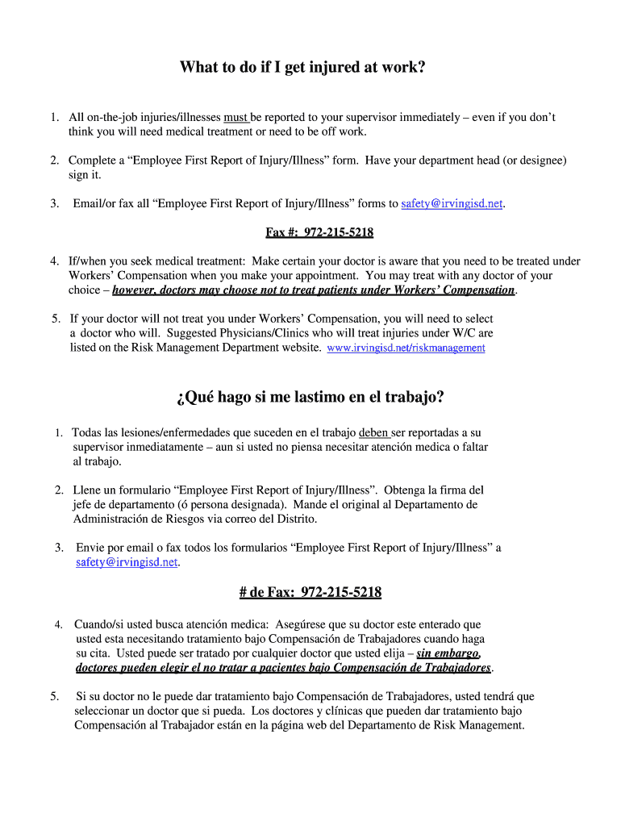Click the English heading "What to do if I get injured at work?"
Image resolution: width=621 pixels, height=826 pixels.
(302, 68)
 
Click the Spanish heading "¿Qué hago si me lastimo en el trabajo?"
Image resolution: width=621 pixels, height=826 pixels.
(310, 397)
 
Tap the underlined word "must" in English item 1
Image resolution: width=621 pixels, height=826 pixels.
(235, 118)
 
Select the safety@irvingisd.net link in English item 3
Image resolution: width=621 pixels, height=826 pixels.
(452, 204)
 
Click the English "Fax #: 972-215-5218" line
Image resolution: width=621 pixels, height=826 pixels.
(319, 232)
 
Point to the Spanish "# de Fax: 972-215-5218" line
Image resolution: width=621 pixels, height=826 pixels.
(310, 593)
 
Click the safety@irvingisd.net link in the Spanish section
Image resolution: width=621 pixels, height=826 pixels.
(127, 562)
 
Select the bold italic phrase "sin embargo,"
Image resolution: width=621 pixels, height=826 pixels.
(448, 653)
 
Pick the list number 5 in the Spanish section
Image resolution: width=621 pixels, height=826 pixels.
(53, 696)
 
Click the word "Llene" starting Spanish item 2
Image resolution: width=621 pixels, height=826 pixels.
(87, 490)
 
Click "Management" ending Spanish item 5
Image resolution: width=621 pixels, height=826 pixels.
(492, 725)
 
